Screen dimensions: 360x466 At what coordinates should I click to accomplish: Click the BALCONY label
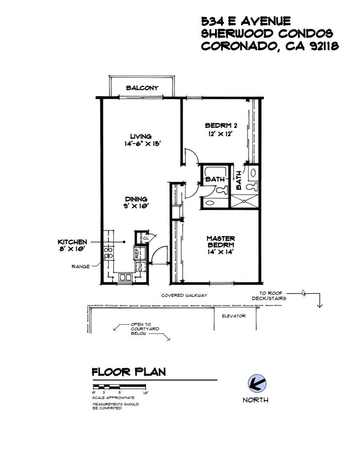pos(142,88)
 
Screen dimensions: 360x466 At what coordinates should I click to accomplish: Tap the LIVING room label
pos(141,136)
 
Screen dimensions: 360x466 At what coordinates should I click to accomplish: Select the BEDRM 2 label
pos(221,126)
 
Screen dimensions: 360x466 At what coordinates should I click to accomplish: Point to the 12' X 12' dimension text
pos(220,134)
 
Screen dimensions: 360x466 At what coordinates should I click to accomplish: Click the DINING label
pos(136,199)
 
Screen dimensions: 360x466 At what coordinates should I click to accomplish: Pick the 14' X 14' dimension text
pos(220,252)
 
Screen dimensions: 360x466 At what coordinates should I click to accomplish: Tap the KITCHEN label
pos(72,242)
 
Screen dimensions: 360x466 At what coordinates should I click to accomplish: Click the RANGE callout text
pos(80,266)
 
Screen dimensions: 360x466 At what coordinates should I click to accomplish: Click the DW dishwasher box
pos(141,267)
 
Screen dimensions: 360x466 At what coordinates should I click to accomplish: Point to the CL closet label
pos(146,238)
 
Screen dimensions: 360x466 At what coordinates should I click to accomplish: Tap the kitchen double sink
pos(125,277)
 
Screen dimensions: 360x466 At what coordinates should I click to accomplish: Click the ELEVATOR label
pos(234,316)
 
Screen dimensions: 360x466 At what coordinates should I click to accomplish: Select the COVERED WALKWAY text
pos(184,296)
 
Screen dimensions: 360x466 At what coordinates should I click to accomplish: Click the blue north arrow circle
pos(257,383)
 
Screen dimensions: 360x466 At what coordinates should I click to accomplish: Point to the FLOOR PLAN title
pos(129,372)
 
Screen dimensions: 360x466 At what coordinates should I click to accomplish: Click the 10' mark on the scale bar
pos(145,393)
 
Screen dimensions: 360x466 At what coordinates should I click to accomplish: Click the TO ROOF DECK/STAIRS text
pos(269,296)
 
